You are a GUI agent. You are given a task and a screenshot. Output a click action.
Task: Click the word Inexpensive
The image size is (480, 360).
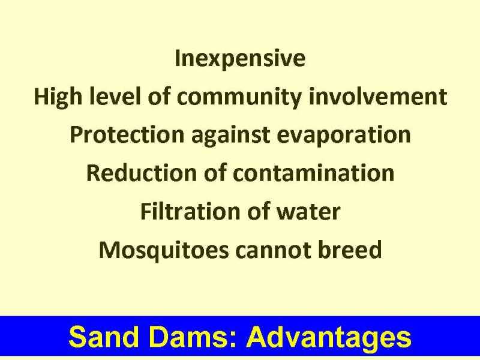(x=240, y=59)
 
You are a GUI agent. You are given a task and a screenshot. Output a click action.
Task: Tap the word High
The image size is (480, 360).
(x=58, y=97)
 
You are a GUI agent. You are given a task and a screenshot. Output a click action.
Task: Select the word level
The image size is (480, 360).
(x=115, y=96)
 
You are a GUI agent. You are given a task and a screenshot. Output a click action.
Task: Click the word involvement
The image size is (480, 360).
(x=378, y=96)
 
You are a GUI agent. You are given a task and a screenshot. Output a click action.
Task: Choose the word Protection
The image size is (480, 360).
(x=127, y=134)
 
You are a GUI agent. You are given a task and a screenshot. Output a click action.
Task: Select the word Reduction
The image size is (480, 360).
(x=142, y=173)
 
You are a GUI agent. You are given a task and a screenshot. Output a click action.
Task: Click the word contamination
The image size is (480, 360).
(x=313, y=173)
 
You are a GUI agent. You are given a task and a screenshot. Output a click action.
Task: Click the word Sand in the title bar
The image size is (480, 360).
(x=104, y=337)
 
